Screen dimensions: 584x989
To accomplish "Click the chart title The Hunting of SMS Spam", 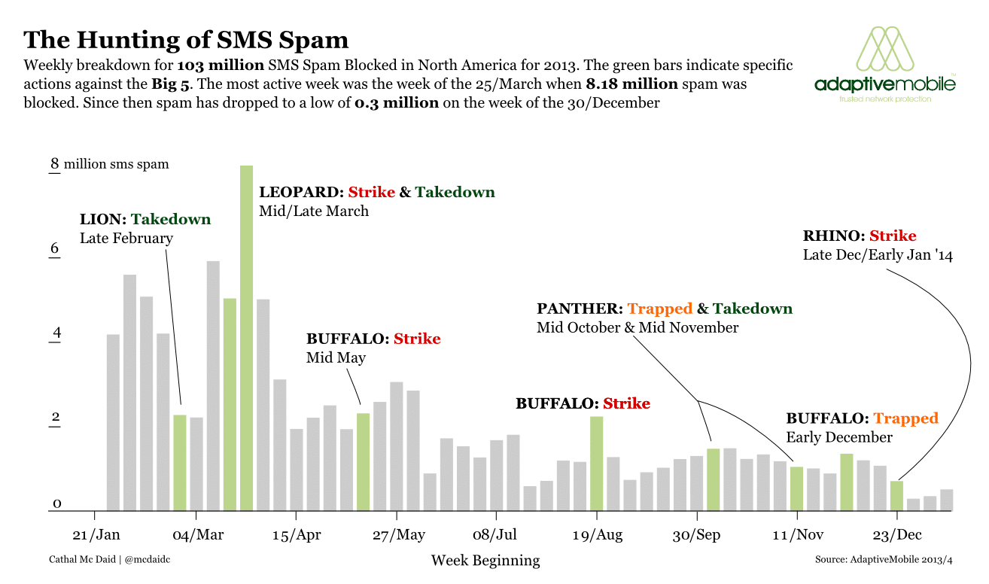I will pos(186,40).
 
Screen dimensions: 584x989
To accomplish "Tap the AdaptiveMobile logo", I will pos(885,65).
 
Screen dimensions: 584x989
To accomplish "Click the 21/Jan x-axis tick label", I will pos(96,535).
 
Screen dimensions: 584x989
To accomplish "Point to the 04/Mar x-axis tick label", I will pos(197,535).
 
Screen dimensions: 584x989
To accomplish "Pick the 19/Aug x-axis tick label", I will pos(598,535).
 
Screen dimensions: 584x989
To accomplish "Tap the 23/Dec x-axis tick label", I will pos(896,535).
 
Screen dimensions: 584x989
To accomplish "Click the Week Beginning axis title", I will pos(485,561).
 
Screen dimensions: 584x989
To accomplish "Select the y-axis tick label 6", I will pos(54,248).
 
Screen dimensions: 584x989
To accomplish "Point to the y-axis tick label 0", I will pos(56,503).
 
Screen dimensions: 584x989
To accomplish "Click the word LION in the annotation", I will pos(101,220).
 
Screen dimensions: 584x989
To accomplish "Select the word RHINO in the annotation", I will pos(832,236).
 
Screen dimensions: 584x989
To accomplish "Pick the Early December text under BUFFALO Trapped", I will pos(839,437).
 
